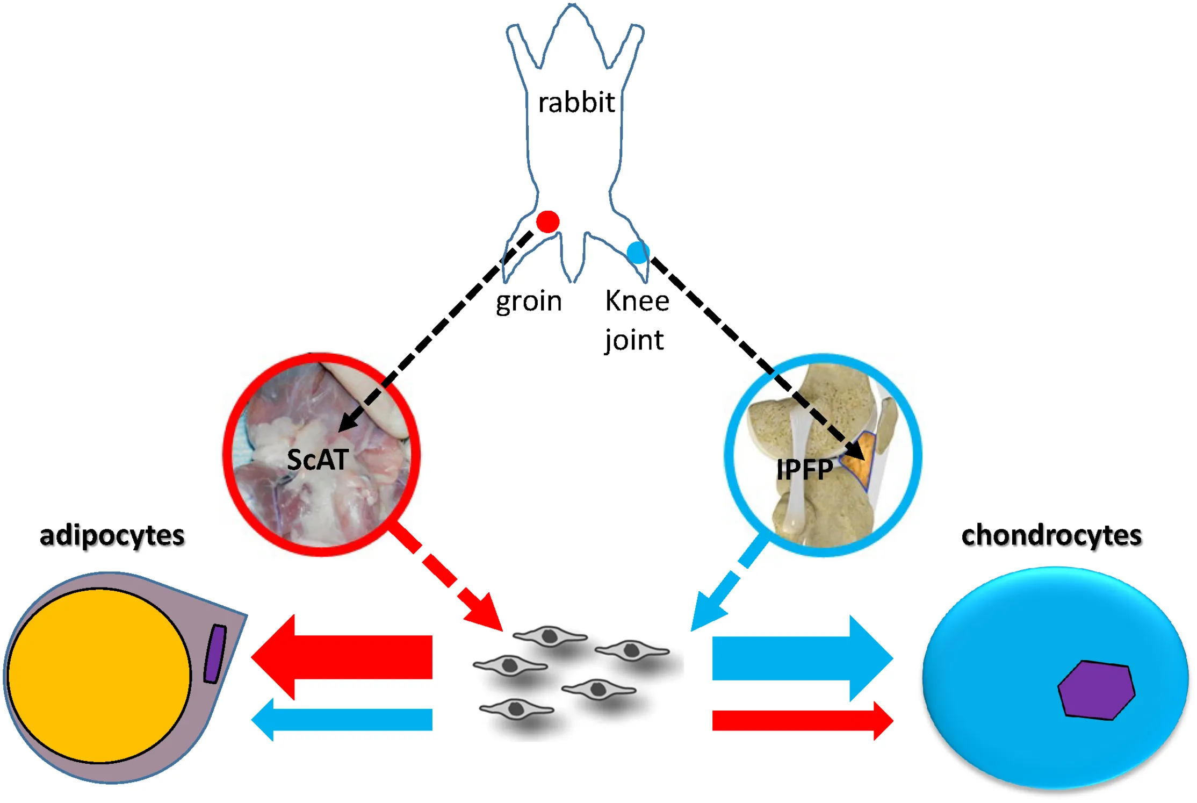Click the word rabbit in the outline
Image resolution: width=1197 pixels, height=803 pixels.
tap(576, 102)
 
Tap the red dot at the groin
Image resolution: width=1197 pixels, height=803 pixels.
tap(547, 221)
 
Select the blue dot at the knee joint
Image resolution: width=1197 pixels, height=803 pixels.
tap(638, 252)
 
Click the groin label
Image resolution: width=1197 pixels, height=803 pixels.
tap(529, 301)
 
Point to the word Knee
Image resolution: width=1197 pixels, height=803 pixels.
tap(637, 300)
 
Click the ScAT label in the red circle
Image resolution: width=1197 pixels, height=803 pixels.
tap(318, 460)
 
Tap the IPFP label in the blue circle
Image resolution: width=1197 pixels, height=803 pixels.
tap(804, 470)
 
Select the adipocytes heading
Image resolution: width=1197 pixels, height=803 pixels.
tap(112, 535)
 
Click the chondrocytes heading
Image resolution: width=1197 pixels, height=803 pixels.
tap(1051, 535)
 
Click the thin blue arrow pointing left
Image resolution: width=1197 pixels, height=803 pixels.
tap(344, 720)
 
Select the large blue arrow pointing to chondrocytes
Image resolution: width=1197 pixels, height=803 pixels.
tap(801, 658)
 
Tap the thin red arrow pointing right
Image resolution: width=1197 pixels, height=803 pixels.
tap(801, 720)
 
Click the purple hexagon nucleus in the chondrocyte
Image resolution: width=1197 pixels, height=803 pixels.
tap(1096, 690)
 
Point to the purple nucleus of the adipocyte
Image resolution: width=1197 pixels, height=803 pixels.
tap(215, 654)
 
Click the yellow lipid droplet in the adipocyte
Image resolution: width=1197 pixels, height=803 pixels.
tap(99, 675)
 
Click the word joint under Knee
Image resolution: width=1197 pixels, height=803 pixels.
tap(634, 340)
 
